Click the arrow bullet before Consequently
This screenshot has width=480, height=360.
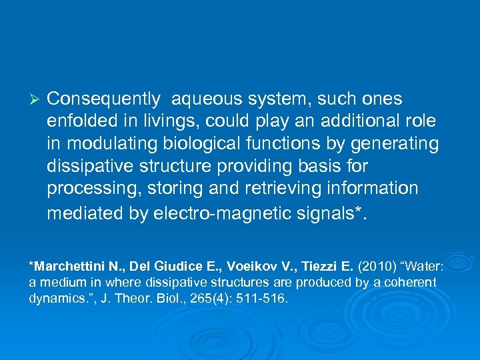(37, 99)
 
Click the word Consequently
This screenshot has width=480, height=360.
(103, 99)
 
